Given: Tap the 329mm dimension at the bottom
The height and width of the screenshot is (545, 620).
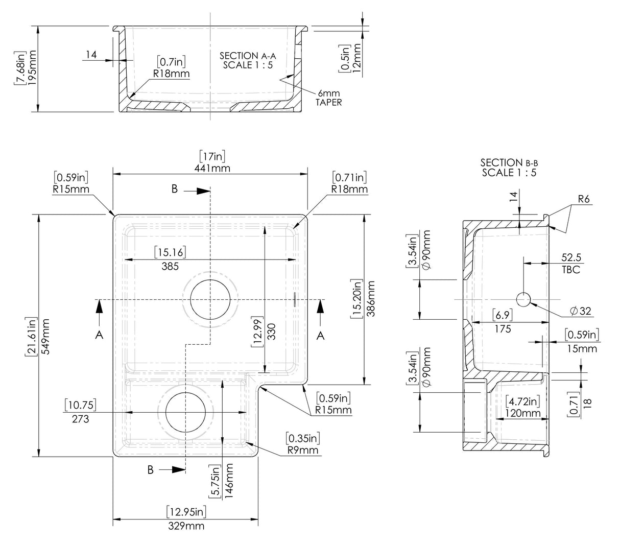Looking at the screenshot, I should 187,526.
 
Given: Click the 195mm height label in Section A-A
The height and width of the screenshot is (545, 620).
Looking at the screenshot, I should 33,68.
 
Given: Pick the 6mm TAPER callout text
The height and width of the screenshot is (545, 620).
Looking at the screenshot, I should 328,98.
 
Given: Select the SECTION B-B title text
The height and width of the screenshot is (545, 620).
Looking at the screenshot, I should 509,168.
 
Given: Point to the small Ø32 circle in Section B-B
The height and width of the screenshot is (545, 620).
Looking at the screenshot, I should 523,299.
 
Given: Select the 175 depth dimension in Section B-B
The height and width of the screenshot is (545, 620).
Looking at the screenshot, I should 503,329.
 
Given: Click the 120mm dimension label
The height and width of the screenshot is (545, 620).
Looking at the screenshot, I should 521,413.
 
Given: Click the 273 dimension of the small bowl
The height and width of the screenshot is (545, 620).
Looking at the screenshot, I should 81,419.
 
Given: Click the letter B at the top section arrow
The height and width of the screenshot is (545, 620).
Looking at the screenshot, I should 175,189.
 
